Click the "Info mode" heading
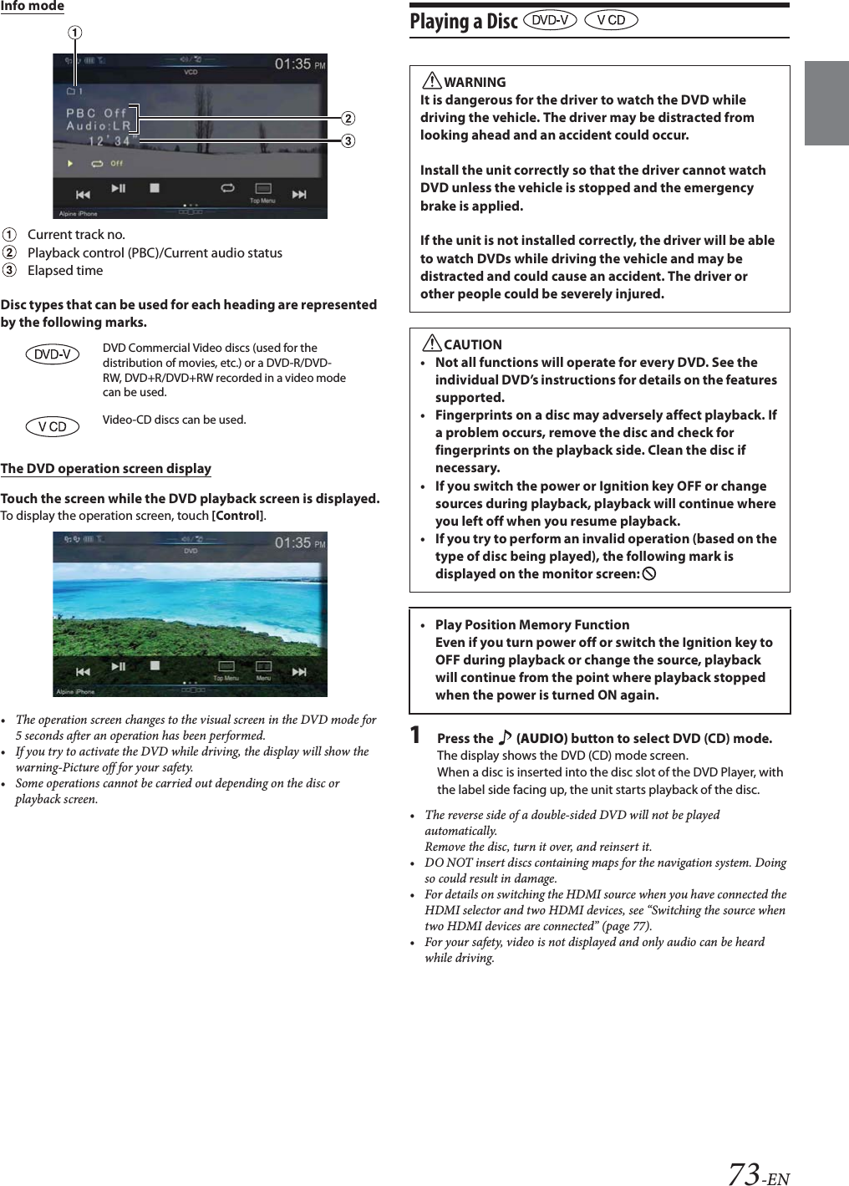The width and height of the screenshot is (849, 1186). [x=33, y=6]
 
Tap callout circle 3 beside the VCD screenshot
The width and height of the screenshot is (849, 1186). [x=348, y=140]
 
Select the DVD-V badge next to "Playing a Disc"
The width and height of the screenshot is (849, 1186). [x=550, y=20]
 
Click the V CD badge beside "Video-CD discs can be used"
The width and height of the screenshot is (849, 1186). [x=52, y=426]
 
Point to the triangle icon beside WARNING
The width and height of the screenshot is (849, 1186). [x=431, y=81]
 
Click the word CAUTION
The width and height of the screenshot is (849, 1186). [x=473, y=344]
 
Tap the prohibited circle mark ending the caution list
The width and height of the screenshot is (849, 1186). [x=649, y=574]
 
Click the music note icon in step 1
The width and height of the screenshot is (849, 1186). [x=505, y=738]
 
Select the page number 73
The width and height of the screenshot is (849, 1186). [x=743, y=1173]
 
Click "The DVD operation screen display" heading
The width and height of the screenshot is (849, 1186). [x=106, y=468]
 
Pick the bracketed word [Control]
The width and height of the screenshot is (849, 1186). [x=238, y=516]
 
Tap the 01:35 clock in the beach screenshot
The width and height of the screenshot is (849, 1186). [x=292, y=543]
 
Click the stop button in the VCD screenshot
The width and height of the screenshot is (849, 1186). [x=155, y=189]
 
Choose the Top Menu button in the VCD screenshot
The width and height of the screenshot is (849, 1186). [x=262, y=192]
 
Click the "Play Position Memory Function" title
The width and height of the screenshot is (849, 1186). [x=532, y=624]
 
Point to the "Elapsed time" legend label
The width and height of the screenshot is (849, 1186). [x=65, y=270]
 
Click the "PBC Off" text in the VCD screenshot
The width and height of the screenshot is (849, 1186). [x=96, y=113]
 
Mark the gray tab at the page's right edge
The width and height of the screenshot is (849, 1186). [x=826, y=103]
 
